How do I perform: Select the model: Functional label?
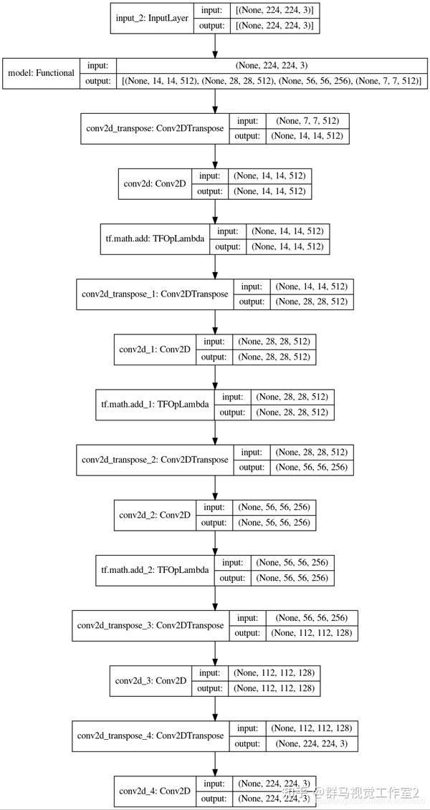click(x=41, y=72)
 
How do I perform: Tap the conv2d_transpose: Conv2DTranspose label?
click(x=155, y=127)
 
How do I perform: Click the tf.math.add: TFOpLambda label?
click(x=154, y=238)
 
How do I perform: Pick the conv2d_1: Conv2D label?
click(x=156, y=349)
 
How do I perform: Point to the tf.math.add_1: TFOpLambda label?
click(x=156, y=404)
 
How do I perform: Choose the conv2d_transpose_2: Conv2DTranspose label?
click(x=155, y=459)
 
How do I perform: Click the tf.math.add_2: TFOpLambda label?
click(x=156, y=571)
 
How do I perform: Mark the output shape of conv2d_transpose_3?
click(x=312, y=633)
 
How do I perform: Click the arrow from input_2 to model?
click(x=215, y=46)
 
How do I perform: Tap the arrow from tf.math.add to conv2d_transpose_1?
click(x=215, y=266)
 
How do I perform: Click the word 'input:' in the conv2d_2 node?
click(x=214, y=508)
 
